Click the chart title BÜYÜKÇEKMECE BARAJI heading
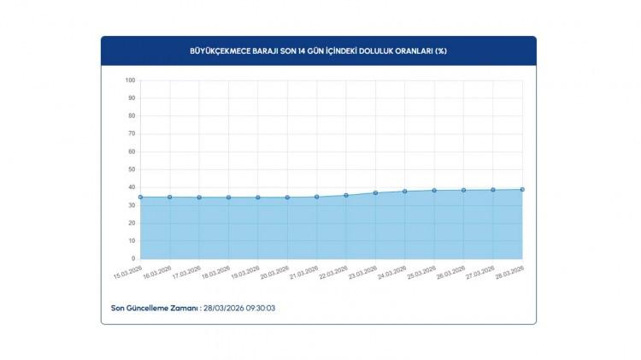[x=318, y=51]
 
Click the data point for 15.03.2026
[x=140, y=197]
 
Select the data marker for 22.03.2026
[x=346, y=195]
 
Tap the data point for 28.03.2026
[x=522, y=190]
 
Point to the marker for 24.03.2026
[x=405, y=192]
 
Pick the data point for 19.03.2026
[x=258, y=198]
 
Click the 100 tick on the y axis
[x=130, y=80]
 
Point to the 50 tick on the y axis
[x=132, y=169]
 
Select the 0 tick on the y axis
[x=133, y=258]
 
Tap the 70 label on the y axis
[x=132, y=133]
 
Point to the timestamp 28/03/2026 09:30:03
[x=238, y=307]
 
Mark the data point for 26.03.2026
[x=464, y=190]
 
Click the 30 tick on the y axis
[x=132, y=204]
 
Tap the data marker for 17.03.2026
[x=199, y=198]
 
